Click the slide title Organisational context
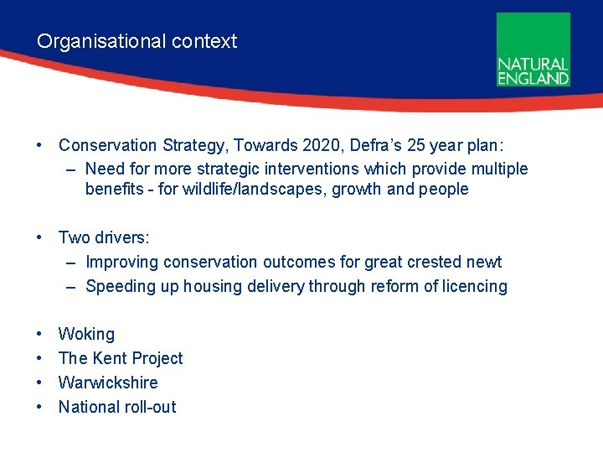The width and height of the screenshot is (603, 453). tap(137, 41)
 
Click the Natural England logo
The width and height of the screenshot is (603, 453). tap(533, 49)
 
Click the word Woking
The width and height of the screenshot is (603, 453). tap(86, 334)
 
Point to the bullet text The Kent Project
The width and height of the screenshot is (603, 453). tap(120, 358)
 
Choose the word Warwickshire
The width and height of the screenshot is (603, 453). tap(108, 383)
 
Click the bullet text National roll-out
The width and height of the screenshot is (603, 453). tap(117, 407)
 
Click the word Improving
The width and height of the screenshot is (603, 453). tap(121, 263)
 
